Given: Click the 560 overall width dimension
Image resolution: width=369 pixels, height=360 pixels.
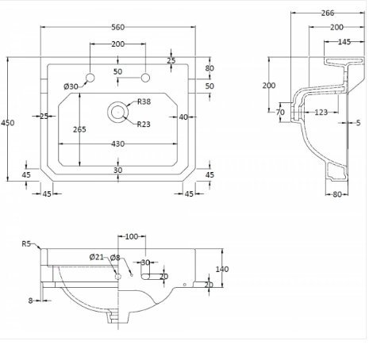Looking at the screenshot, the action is click(x=118, y=27).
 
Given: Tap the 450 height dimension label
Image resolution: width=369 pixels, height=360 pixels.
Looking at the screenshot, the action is click(x=8, y=123).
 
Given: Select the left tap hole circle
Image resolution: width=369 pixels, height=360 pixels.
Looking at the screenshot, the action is click(x=90, y=78).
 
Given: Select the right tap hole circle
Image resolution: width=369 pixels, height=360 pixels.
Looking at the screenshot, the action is click(x=145, y=78).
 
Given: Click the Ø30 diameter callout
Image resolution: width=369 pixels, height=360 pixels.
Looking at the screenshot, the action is click(x=71, y=86).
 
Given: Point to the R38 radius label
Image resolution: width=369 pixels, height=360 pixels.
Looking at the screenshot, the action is click(x=144, y=101).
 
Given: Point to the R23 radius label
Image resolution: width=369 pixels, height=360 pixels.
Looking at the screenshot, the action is click(x=144, y=124).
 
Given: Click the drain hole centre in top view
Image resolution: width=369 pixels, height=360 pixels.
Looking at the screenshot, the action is click(x=117, y=112).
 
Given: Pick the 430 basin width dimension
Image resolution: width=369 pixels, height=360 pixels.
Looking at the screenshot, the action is click(x=118, y=144).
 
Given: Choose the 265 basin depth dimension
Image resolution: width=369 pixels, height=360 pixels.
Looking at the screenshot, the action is click(x=79, y=129).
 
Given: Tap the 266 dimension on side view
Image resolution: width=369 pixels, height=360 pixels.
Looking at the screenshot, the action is click(x=328, y=13).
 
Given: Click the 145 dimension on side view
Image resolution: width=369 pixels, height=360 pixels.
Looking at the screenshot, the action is click(x=344, y=42).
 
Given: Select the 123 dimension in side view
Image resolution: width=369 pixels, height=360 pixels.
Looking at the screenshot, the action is click(x=321, y=113).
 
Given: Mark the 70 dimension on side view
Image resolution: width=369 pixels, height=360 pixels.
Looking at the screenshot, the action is click(x=280, y=113).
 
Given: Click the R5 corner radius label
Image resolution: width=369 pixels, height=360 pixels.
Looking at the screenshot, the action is click(x=26, y=243).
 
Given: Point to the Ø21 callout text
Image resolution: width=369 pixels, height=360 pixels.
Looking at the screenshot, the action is click(x=97, y=257).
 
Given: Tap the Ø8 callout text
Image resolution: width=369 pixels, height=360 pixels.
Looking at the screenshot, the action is click(x=115, y=257).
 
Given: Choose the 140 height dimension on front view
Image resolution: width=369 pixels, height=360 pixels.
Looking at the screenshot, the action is click(x=222, y=270).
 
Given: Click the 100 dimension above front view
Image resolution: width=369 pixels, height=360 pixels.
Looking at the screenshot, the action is click(x=132, y=236).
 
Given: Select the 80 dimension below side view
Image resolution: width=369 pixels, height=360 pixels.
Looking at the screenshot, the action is click(x=337, y=194).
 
